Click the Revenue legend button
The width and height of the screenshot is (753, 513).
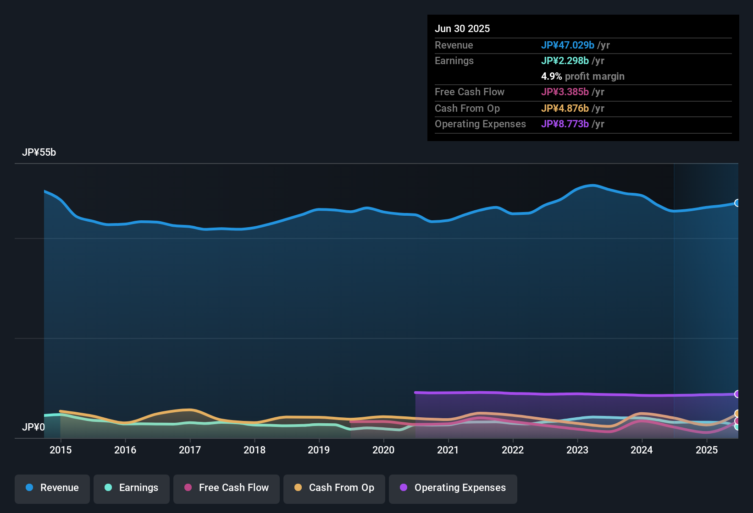52,488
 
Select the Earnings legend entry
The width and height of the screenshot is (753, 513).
132,488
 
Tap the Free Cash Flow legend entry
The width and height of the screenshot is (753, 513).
227,488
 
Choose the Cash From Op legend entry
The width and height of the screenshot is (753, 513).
334,488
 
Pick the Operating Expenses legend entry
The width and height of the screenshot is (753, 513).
453,488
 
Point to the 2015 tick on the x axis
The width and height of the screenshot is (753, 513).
61,450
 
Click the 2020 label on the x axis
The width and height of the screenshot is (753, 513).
383,450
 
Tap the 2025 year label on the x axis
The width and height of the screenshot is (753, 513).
706,450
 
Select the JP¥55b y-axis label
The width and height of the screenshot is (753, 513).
39,153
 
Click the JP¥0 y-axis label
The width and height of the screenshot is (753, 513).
33,427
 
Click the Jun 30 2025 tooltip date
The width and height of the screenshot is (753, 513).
462,29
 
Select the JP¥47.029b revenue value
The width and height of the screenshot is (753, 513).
567,45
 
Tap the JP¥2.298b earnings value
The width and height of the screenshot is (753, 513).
565,61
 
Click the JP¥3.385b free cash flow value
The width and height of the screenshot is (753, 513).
565,92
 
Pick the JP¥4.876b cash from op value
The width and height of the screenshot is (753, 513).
565,109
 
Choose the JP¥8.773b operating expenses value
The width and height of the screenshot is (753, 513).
565,124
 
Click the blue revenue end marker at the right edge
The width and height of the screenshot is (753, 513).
737,203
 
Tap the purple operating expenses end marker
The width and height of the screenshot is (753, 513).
737,394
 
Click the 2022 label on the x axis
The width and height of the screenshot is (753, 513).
513,450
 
